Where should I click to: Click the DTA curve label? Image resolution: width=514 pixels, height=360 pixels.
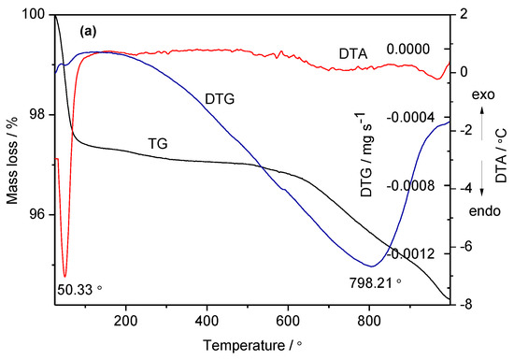pos(353,56)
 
